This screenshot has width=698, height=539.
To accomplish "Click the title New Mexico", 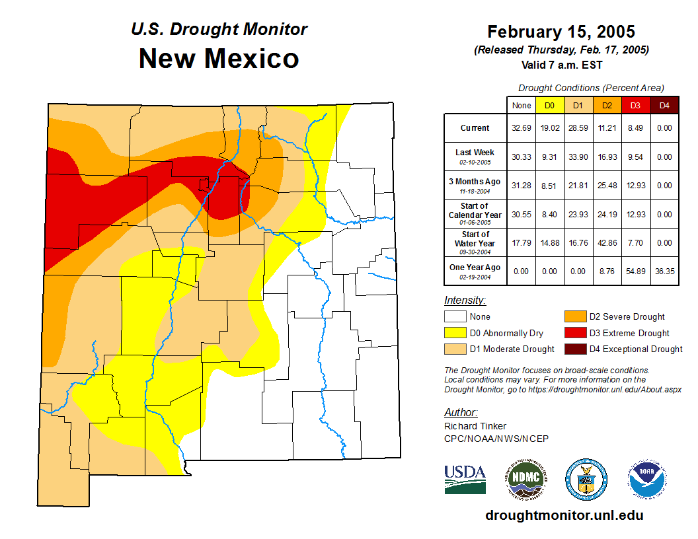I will [x=219, y=59].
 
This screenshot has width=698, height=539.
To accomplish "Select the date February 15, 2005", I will [x=561, y=32].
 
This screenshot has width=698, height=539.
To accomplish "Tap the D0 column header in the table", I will [x=549, y=105].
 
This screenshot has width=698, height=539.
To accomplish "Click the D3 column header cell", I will [x=635, y=105].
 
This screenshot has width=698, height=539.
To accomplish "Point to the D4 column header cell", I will [x=664, y=105].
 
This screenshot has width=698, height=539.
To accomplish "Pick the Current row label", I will [x=475, y=128].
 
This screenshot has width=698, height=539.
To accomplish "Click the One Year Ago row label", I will [x=475, y=268].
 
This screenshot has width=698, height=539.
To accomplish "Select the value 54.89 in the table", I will [x=635, y=271].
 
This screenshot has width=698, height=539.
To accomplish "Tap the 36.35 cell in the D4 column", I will [x=664, y=271].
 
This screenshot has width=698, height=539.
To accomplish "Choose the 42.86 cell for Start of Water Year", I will [x=607, y=243].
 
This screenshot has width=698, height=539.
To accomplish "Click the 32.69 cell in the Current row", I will [x=521, y=128].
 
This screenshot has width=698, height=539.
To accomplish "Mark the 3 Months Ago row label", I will [x=475, y=182].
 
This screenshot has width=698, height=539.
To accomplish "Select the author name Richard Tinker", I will [x=475, y=426].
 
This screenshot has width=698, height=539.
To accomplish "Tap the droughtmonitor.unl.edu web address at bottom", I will [x=564, y=515].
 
